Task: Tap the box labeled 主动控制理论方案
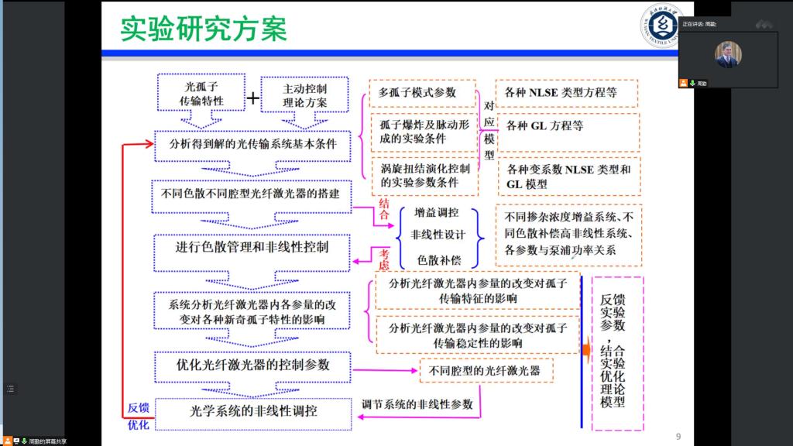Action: [305, 94]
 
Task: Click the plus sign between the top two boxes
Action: [252, 98]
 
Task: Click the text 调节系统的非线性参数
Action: [417, 403]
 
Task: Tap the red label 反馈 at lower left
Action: [138, 408]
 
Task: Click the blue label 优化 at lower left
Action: [138, 424]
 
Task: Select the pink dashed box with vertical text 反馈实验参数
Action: [617, 352]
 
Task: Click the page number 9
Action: [678, 437]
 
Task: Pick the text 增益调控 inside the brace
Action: [436, 213]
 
